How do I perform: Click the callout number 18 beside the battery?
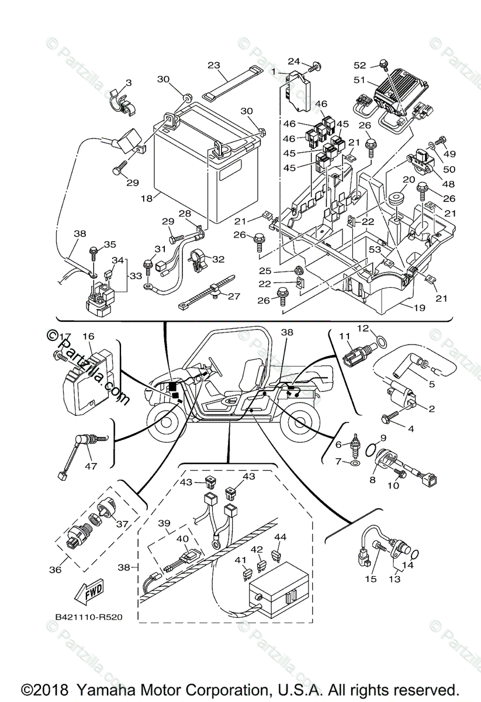pos(146,198)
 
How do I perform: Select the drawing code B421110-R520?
pos(89,617)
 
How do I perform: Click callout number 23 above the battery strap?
pos(213,65)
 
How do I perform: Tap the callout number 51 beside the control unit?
pos(361,80)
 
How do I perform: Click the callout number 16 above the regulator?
pos(88,336)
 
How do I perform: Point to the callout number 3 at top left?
pos(129,83)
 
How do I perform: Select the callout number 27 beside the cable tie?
pos(234,296)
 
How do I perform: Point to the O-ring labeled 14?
pos(413,554)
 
